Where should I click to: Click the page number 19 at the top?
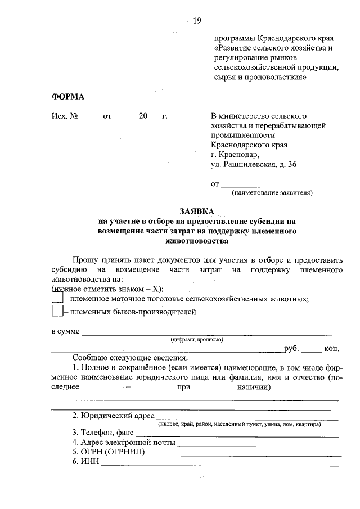[197, 21]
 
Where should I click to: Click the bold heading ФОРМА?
[68, 97]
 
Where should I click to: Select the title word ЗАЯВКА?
[197, 211]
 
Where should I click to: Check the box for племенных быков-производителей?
[57, 310]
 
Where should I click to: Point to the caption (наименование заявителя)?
[272, 193]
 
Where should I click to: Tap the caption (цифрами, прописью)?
[197, 339]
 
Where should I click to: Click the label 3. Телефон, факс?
[102, 433]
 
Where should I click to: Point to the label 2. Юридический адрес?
[112, 416]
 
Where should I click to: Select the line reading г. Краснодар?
[236, 155]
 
